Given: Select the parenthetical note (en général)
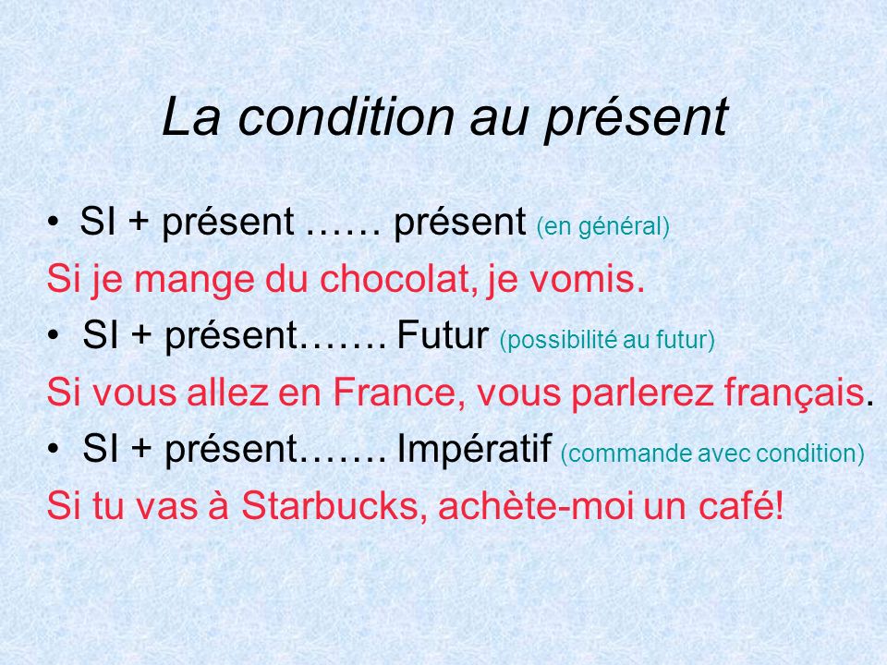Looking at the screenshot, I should (601, 227).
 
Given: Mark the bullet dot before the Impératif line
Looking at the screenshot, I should (58, 452).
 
